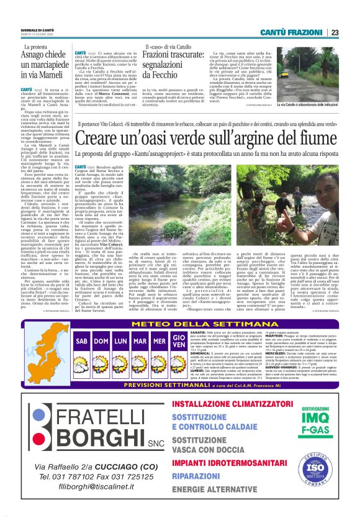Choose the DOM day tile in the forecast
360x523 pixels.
pos(101,341)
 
